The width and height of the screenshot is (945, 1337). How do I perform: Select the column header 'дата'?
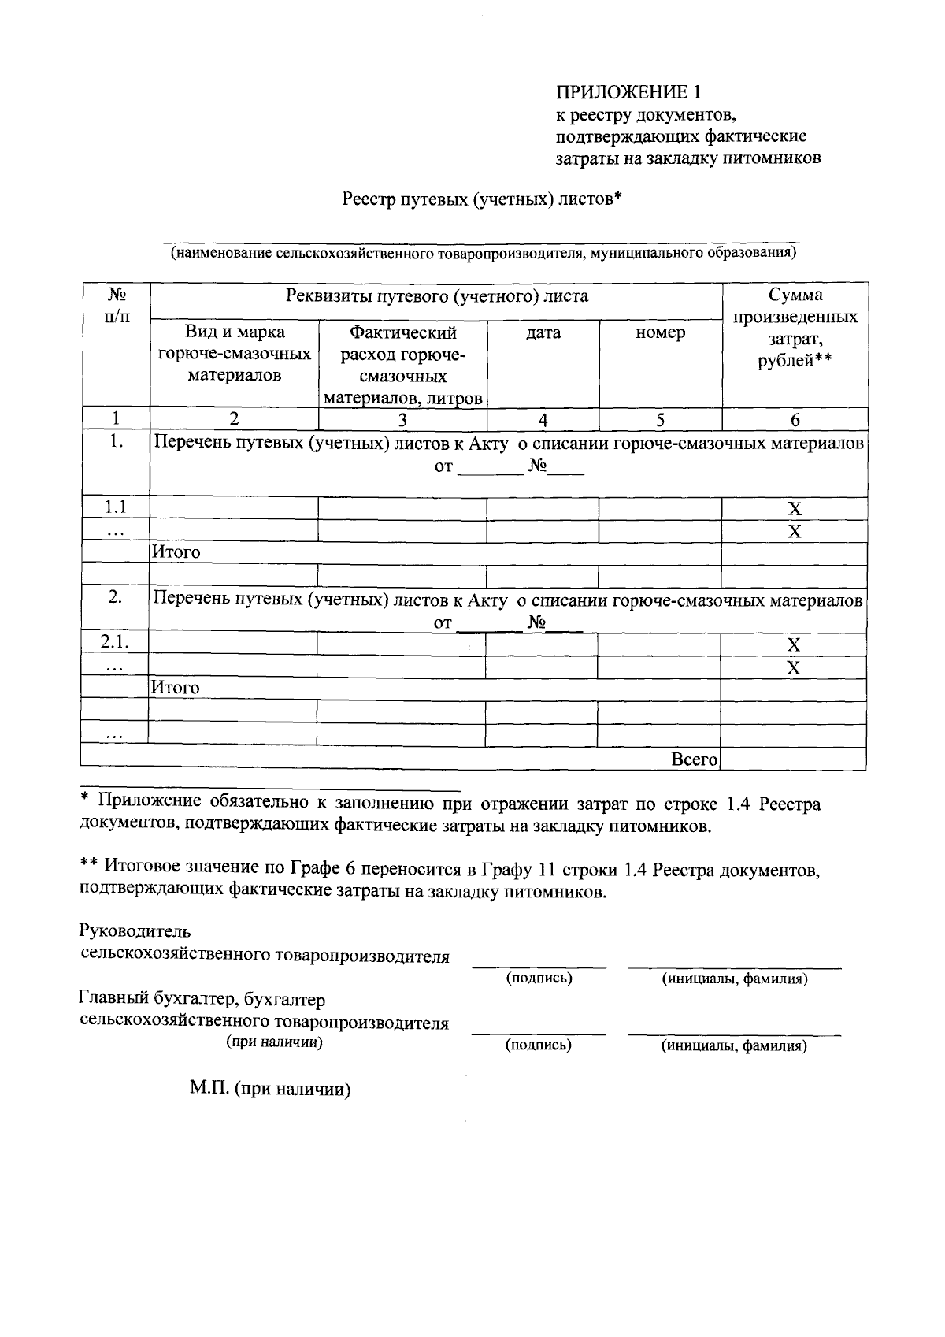coord(543,333)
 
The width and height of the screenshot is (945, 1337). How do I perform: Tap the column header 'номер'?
coord(660,333)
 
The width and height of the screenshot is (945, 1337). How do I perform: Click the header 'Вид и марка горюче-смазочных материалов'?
coord(234,354)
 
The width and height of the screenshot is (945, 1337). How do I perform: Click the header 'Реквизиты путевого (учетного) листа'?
coord(436,296)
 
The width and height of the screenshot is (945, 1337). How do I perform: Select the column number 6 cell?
coord(795,420)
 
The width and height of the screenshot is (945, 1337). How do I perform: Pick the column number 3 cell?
coord(402,420)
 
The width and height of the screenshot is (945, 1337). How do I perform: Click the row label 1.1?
coord(115,508)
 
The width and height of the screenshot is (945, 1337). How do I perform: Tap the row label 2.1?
coord(115,643)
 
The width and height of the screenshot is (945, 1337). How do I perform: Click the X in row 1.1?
coord(795,509)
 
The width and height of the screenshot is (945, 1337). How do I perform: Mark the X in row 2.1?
coord(794,645)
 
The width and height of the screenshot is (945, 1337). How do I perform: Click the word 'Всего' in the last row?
coord(694,759)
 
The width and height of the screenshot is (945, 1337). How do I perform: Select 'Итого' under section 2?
coord(176,688)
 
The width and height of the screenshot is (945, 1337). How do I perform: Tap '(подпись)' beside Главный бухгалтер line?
coord(538,1045)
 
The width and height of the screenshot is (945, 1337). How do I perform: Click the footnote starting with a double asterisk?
coord(449,880)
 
